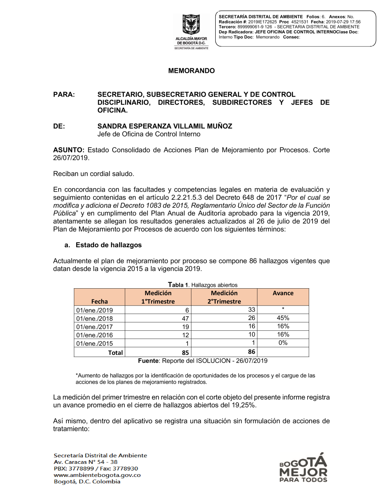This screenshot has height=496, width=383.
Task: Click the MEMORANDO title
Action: click(x=191, y=71)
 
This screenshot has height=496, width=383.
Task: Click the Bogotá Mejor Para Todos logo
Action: click(x=303, y=468)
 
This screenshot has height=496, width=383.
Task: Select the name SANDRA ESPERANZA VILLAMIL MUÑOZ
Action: click(x=165, y=126)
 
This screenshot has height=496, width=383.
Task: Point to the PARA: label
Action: click(x=64, y=95)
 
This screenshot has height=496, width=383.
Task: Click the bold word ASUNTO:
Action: click(x=69, y=150)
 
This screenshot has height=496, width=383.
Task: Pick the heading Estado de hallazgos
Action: click(x=108, y=245)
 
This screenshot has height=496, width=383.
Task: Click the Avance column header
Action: click(x=283, y=293)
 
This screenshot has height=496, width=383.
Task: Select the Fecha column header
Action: click(x=100, y=302)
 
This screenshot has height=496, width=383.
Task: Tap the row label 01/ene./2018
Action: click(x=95, y=319)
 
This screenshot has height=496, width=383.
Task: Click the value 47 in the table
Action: click(x=185, y=319)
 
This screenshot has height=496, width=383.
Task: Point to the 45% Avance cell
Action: click(x=283, y=318)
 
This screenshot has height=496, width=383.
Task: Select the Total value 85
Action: click(x=185, y=353)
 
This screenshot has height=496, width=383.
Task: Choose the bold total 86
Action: click(x=252, y=352)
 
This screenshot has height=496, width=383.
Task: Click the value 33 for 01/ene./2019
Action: click(x=252, y=310)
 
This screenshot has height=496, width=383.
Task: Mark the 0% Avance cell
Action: click(x=283, y=343)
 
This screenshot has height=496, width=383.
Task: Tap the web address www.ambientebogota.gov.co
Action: click(x=97, y=475)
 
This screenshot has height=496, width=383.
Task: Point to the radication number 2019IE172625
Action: click(x=262, y=22)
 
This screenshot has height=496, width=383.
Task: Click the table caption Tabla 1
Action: click(x=178, y=285)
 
